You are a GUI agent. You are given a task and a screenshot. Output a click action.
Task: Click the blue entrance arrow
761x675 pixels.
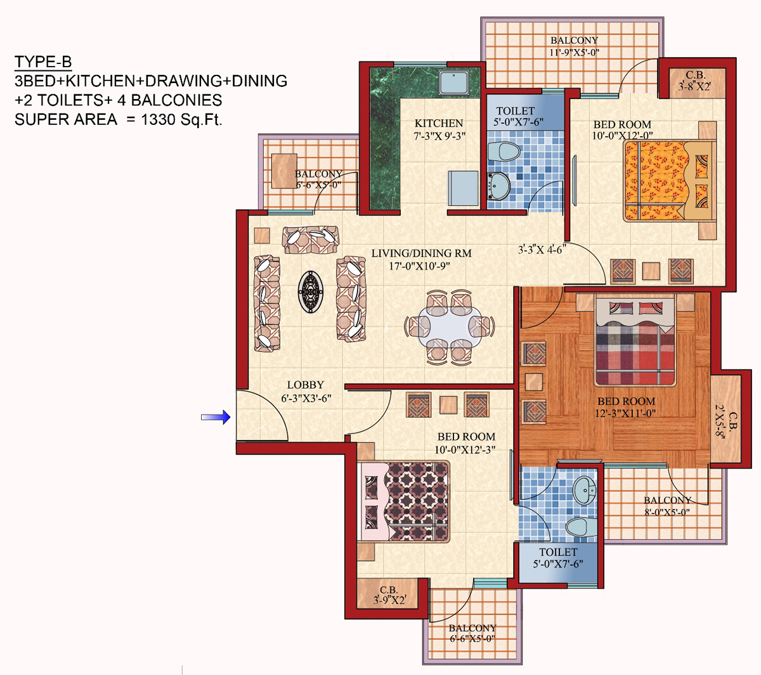click(x=216, y=417)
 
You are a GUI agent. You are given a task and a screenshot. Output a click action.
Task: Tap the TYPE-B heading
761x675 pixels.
click(x=43, y=61)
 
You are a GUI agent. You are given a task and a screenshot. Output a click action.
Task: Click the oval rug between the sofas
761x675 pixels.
click(x=311, y=292)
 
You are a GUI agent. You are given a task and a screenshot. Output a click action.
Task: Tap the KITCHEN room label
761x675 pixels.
click(x=439, y=123)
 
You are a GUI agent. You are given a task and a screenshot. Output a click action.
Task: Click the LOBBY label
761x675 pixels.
click(x=306, y=385)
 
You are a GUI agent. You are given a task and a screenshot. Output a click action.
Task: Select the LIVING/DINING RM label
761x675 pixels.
click(x=422, y=254)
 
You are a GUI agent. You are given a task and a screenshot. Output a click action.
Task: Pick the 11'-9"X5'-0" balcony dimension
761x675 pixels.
click(x=574, y=52)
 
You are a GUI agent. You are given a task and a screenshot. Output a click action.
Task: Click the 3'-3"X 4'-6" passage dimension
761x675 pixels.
click(x=542, y=249)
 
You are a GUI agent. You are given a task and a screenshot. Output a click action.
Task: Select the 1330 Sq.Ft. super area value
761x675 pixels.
click(x=181, y=119)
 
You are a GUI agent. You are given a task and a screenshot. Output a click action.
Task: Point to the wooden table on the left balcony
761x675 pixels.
click(x=284, y=171)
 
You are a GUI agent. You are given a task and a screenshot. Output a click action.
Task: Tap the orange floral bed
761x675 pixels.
click(x=669, y=181)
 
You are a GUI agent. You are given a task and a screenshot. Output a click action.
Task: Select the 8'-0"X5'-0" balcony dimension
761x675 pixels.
click(x=667, y=511)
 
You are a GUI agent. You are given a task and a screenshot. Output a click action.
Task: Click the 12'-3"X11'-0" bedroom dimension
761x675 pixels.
click(x=625, y=413)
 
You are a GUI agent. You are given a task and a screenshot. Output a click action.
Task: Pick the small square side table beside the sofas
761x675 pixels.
click(x=262, y=236)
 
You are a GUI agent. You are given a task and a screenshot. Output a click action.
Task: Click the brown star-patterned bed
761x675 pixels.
click(x=403, y=501)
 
